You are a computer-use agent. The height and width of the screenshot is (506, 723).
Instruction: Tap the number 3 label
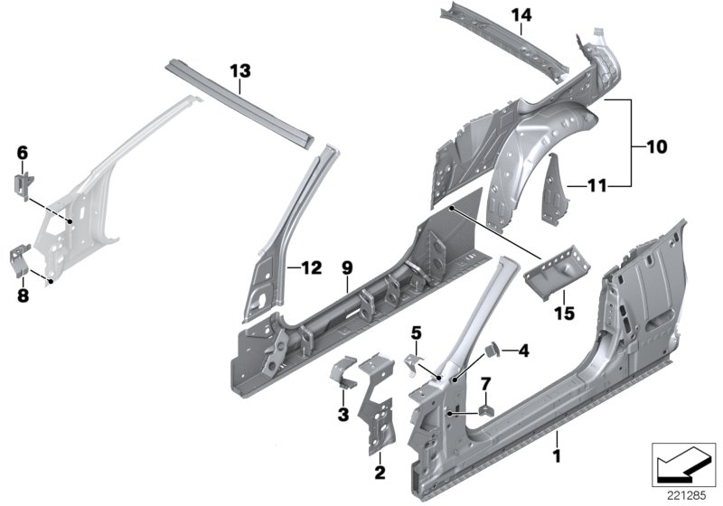[342, 414]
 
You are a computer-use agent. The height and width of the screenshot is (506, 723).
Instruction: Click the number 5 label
[416, 333]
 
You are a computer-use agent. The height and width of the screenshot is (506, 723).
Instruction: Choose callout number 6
[23, 154]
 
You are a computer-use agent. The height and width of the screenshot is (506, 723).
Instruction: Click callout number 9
[346, 267]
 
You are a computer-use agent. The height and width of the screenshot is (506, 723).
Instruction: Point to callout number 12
[310, 267]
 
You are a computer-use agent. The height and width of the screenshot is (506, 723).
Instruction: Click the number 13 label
[239, 70]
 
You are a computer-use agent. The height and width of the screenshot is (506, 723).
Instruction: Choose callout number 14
[522, 14]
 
